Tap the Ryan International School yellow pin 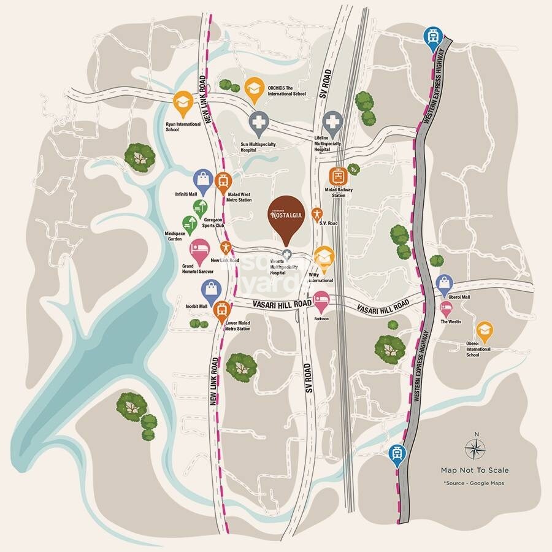[x=182, y=104]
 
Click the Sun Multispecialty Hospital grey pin [x=258, y=123]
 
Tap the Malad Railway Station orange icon [x=337, y=177]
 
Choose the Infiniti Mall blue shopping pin [x=202, y=179]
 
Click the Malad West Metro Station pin [x=223, y=181]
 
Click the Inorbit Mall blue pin [x=210, y=288]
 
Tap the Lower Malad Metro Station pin [x=222, y=311]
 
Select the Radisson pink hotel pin [x=321, y=301]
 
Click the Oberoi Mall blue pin [x=443, y=283]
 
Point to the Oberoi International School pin [x=485, y=331]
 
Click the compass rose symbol [x=475, y=448]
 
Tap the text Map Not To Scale [x=475, y=470]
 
